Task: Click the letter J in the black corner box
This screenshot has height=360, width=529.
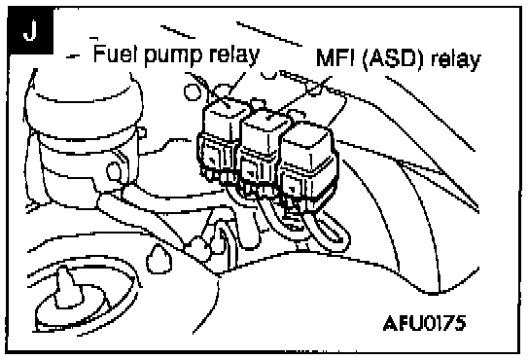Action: pos(30,30)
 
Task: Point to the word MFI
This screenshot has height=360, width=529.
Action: pos(336,58)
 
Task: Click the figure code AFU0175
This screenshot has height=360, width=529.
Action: pos(425,323)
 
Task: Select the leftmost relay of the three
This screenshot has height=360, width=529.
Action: pos(221,140)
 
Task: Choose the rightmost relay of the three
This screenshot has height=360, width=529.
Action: pos(308,163)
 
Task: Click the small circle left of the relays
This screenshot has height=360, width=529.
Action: pos(193,91)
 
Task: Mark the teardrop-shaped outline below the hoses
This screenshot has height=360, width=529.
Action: pos(159,259)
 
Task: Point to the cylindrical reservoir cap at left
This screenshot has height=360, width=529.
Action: pos(84,101)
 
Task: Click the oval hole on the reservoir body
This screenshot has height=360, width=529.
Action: pos(114,171)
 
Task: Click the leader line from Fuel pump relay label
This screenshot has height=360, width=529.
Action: pos(236,85)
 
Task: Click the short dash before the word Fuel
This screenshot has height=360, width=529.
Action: pos(74,56)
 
